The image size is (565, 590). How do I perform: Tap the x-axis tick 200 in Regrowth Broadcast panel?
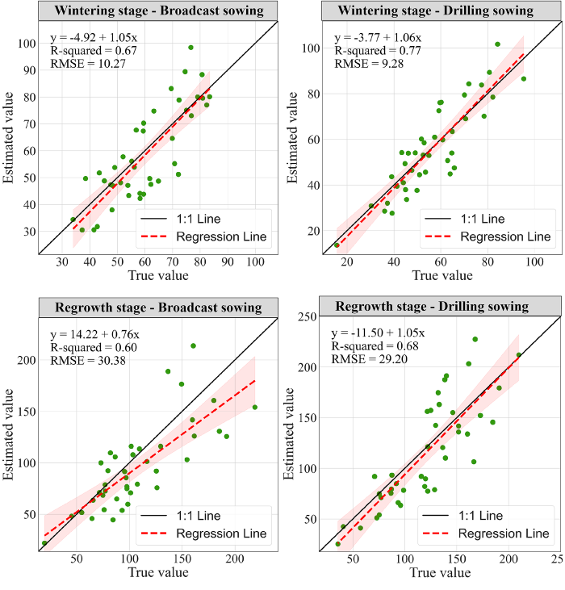click(235, 560)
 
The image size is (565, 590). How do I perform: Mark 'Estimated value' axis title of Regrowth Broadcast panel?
click(10, 436)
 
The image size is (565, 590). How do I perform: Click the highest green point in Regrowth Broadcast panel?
click(193, 345)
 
